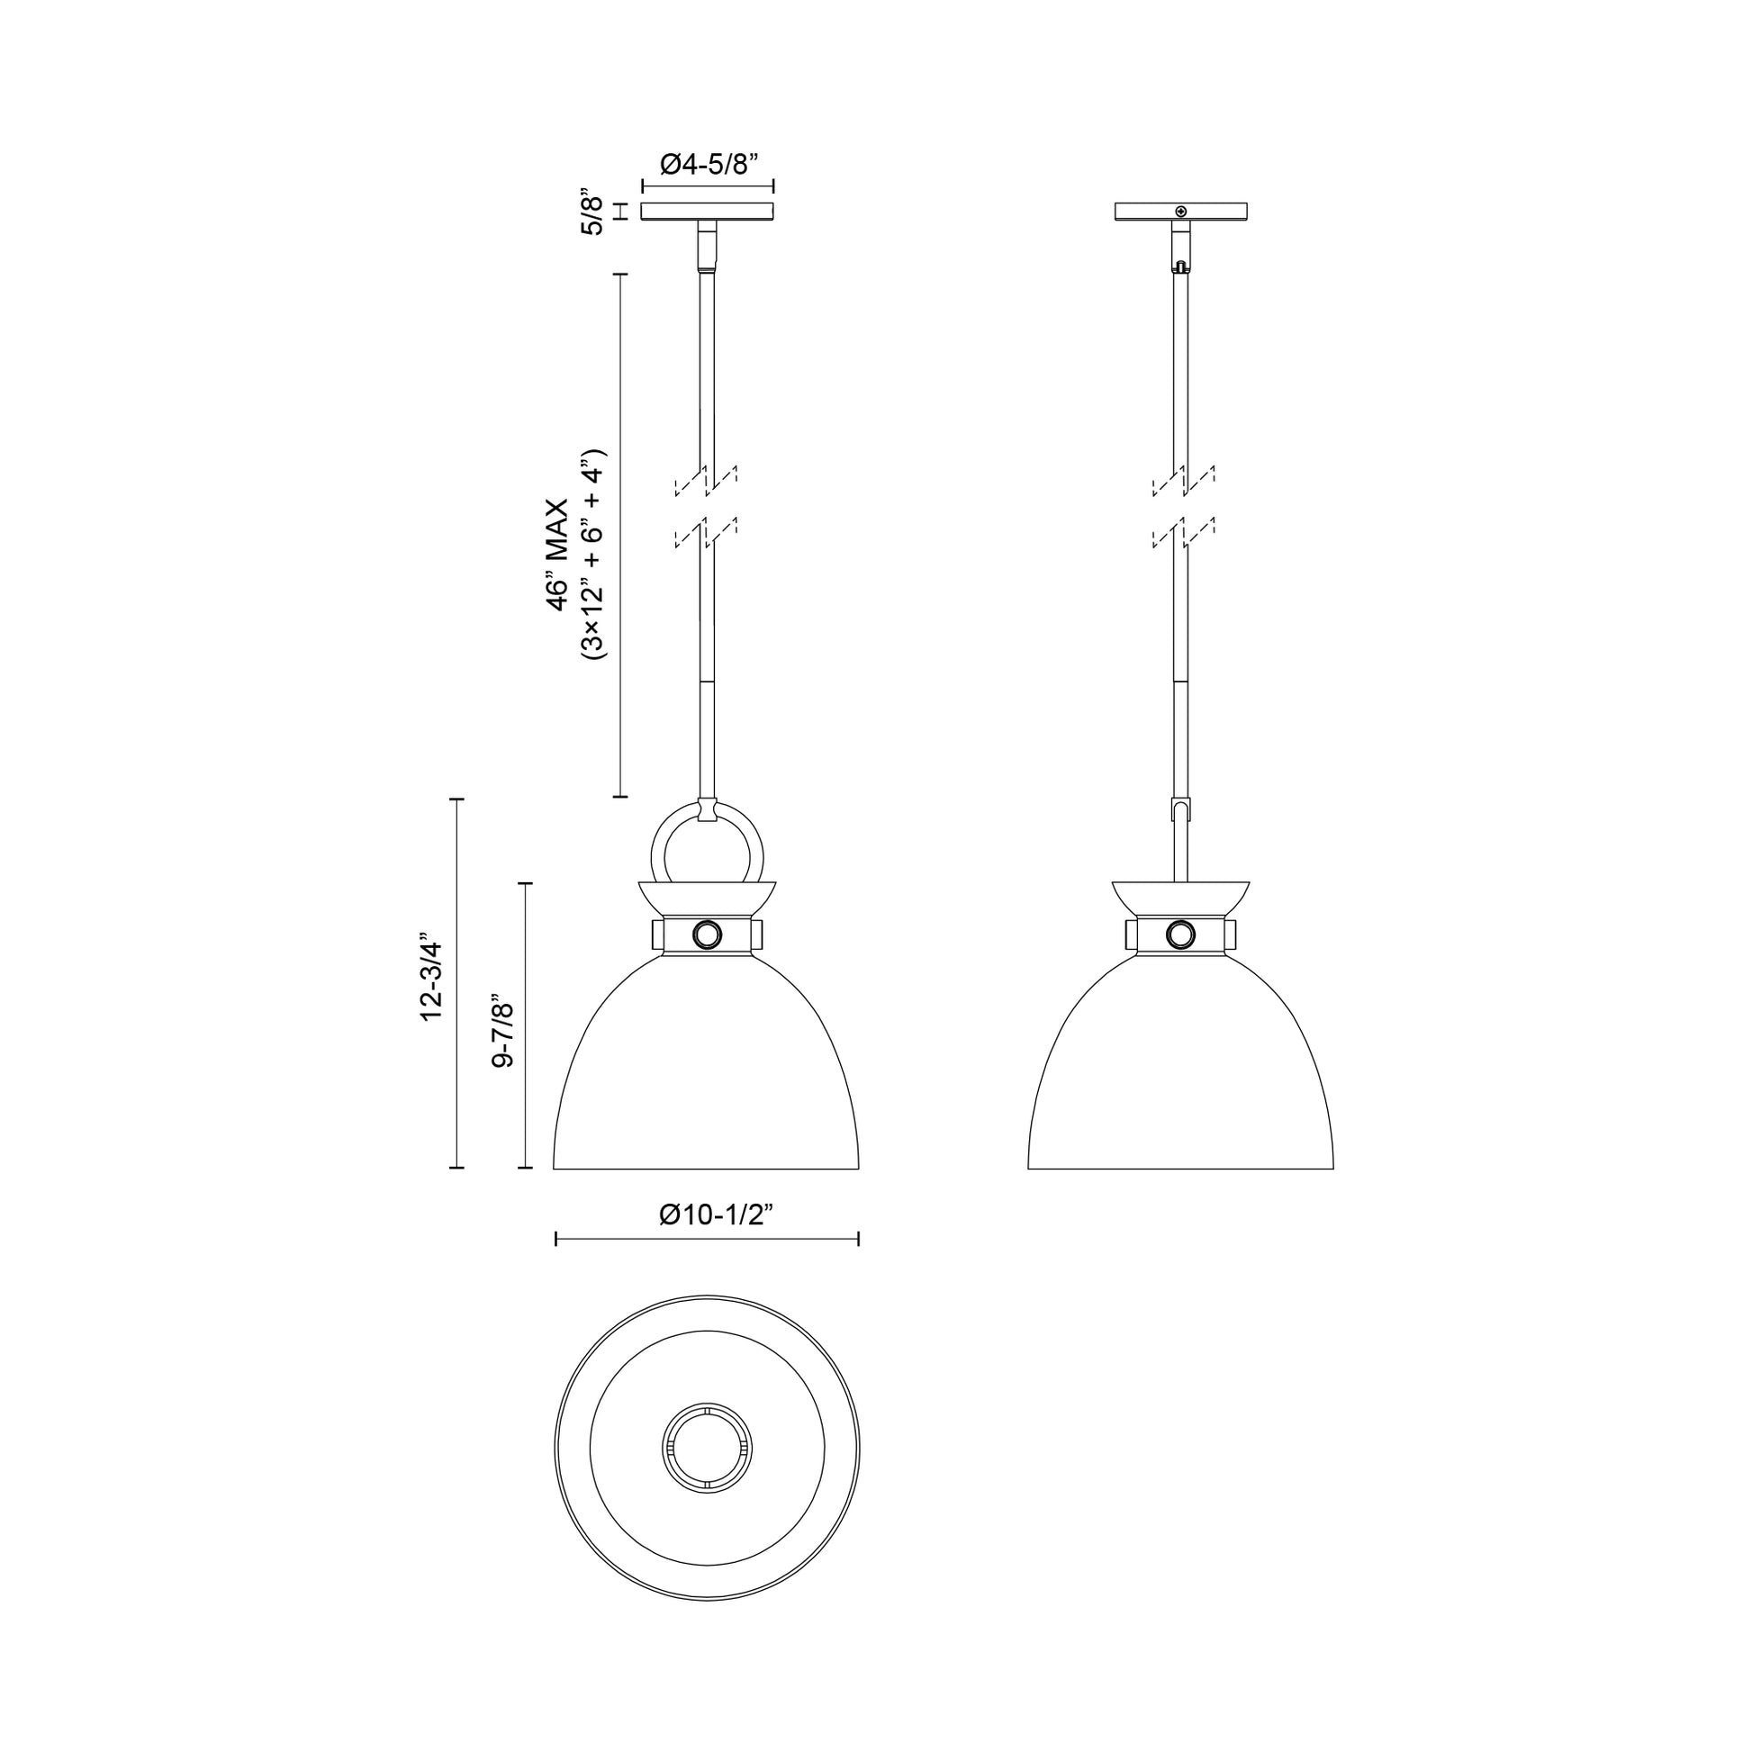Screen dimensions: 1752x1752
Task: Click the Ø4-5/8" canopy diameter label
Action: pyautogui.click(x=709, y=164)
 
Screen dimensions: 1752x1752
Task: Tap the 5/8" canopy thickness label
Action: pyautogui.click(x=592, y=214)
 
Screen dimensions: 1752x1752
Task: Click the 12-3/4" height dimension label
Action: pyautogui.click(x=430, y=982)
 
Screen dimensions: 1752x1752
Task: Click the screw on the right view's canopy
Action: pyautogui.click(x=1179, y=212)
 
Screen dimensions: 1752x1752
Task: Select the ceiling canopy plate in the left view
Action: pyautogui.click(x=708, y=212)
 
